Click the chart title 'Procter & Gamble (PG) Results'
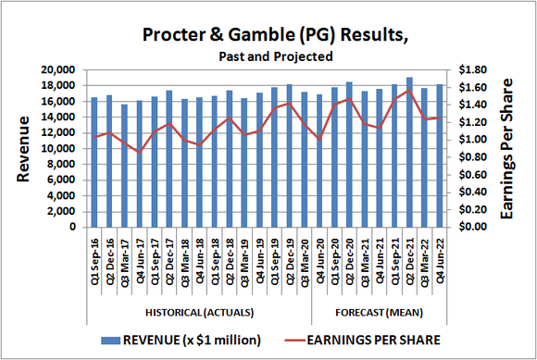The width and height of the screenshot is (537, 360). (x=275, y=35)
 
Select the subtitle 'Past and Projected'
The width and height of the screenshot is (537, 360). (x=275, y=56)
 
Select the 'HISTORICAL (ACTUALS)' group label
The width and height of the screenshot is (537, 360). (x=199, y=311)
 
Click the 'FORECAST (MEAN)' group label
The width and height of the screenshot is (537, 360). (x=380, y=311)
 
